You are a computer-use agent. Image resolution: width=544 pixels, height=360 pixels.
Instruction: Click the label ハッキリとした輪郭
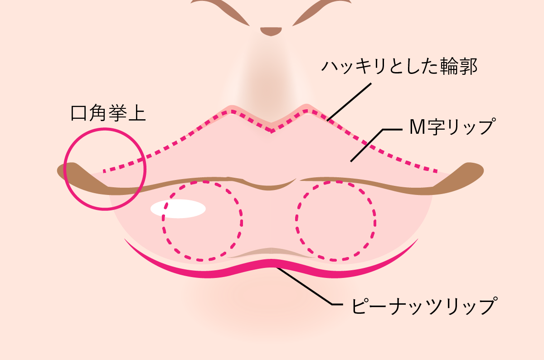pyautogui.click(x=399, y=66)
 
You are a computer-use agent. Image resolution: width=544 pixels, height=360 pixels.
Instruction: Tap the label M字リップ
pyautogui.click(x=452, y=126)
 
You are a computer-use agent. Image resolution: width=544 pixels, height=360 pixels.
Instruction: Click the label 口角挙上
pyautogui.click(x=108, y=113)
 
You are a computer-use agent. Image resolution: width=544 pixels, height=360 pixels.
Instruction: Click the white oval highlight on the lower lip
pyautogui.click(x=178, y=209)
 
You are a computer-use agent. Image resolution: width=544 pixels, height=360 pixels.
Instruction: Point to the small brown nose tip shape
pyautogui.click(x=271, y=31)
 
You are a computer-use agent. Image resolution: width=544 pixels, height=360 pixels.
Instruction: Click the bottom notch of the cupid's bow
pyautogui.click(x=271, y=131)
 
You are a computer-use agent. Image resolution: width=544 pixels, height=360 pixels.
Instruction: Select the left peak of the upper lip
pyautogui.click(x=232, y=112)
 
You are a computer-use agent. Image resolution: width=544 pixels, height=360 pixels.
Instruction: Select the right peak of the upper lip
pyautogui.click(x=306, y=111)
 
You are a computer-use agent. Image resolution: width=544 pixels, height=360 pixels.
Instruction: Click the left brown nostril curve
pyautogui.click(x=220, y=11)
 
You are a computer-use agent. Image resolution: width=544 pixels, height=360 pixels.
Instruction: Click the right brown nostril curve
pyautogui.click(x=322, y=11)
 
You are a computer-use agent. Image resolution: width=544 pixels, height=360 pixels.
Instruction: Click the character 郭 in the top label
pyautogui.click(x=468, y=66)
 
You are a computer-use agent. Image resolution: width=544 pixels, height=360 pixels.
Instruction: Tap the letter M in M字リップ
pyautogui.click(x=417, y=127)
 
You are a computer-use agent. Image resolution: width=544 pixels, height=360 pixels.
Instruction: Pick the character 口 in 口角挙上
pyautogui.click(x=79, y=113)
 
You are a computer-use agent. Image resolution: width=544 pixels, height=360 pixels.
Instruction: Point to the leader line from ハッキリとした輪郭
pyautogui.click(x=349, y=102)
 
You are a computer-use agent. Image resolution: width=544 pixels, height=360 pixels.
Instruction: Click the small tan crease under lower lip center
pyautogui.click(x=271, y=253)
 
